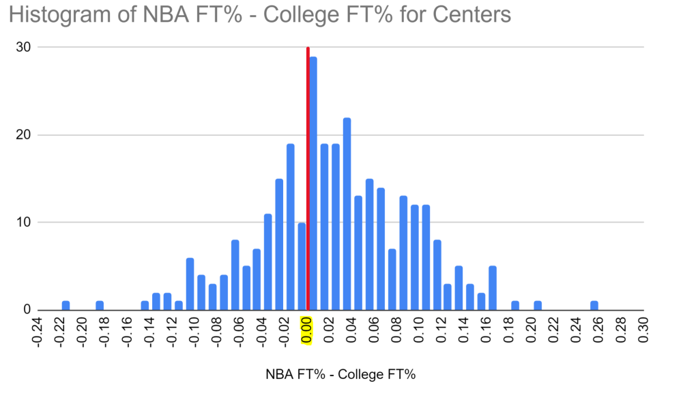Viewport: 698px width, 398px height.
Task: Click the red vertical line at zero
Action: coord(308,177)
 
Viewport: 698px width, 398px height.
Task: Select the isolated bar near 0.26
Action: coord(594,305)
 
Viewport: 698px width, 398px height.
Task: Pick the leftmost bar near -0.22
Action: coord(66,305)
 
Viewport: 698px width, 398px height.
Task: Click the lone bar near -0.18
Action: coord(100,305)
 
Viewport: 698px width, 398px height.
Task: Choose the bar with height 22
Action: coord(347,214)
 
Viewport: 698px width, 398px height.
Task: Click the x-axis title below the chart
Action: coord(339,375)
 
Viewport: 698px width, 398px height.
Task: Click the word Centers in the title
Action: coord(470,14)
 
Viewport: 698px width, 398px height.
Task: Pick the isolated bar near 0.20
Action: coord(538,305)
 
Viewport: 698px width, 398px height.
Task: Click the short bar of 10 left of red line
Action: coord(302,266)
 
